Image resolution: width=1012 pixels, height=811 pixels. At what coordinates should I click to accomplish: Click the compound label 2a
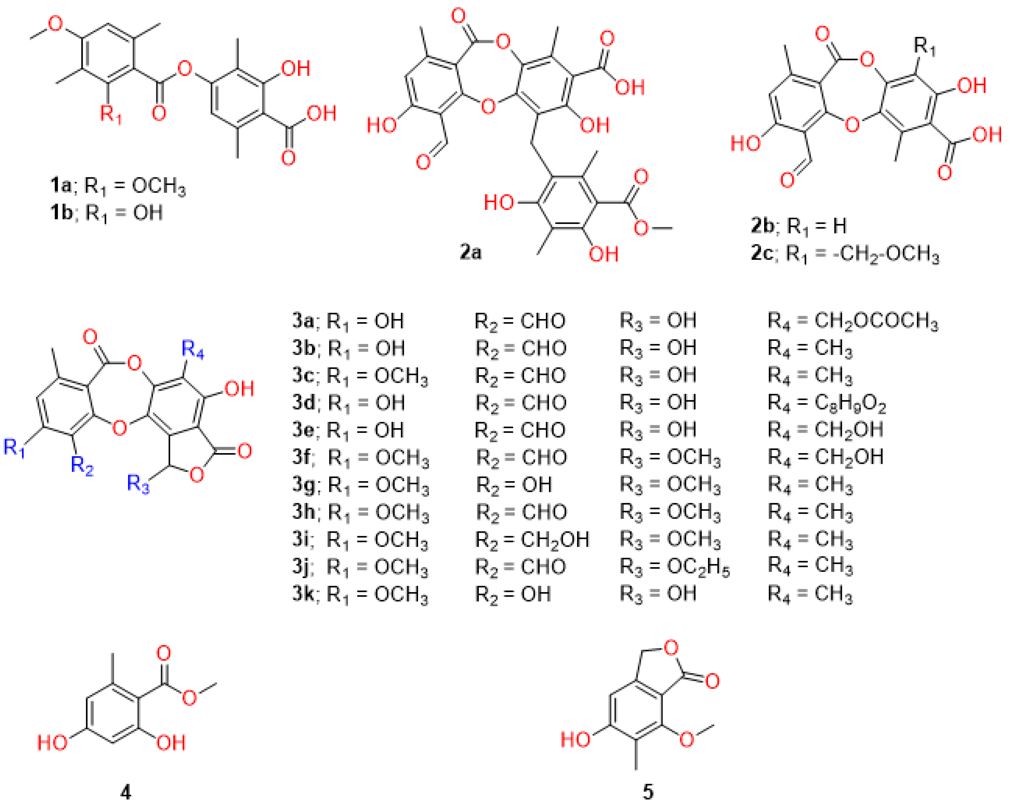(x=470, y=252)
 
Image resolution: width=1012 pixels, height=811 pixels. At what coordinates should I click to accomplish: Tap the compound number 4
(x=126, y=792)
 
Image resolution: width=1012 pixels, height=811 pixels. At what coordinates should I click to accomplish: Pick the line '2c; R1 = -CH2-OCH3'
(x=845, y=254)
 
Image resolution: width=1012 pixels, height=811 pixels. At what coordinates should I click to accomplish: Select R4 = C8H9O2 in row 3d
(x=826, y=403)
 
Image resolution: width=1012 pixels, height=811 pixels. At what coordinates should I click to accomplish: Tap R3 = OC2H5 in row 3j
(x=675, y=567)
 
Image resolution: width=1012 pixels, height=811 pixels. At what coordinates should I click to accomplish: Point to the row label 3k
(x=303, y=594)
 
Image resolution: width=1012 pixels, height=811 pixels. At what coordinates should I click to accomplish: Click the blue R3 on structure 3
(x=138, y=483)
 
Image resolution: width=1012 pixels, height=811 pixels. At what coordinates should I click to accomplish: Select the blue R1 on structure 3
(x=14, y=447)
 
